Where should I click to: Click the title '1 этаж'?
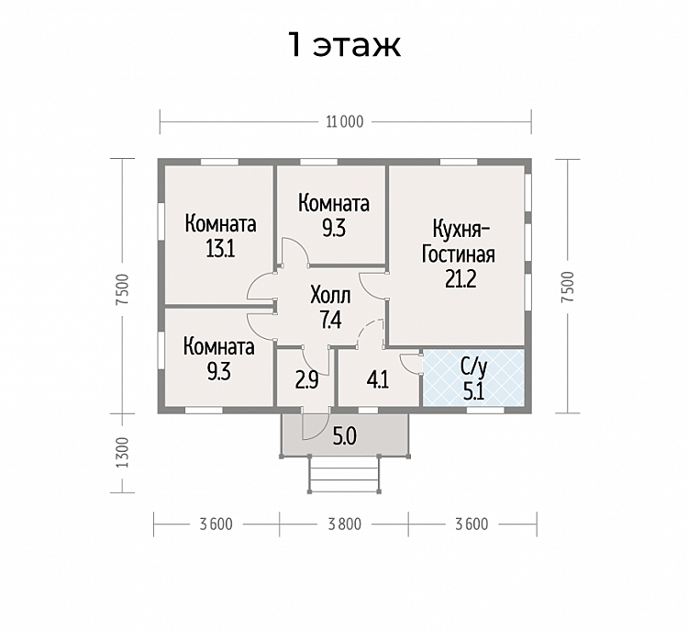344,45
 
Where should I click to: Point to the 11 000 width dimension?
345,122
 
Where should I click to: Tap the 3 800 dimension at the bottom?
344,525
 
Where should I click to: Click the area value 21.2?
461,278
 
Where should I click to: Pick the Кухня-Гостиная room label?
459,243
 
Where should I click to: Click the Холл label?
330,295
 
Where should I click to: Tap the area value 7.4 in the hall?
330,320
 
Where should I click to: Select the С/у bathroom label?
474,367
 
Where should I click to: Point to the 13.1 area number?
220,248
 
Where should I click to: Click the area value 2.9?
306,380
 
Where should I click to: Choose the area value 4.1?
377,380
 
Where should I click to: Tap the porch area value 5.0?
345,436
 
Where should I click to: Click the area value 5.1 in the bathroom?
474,390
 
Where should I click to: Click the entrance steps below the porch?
344,475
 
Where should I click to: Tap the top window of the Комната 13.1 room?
219,162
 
